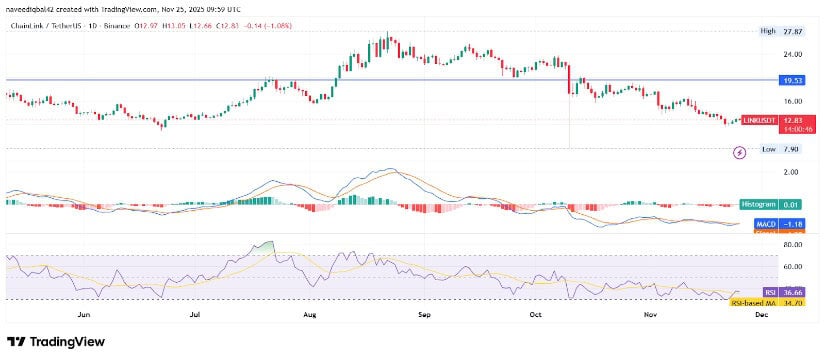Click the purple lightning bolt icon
pos(739,153)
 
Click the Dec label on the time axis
pos(761,315)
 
